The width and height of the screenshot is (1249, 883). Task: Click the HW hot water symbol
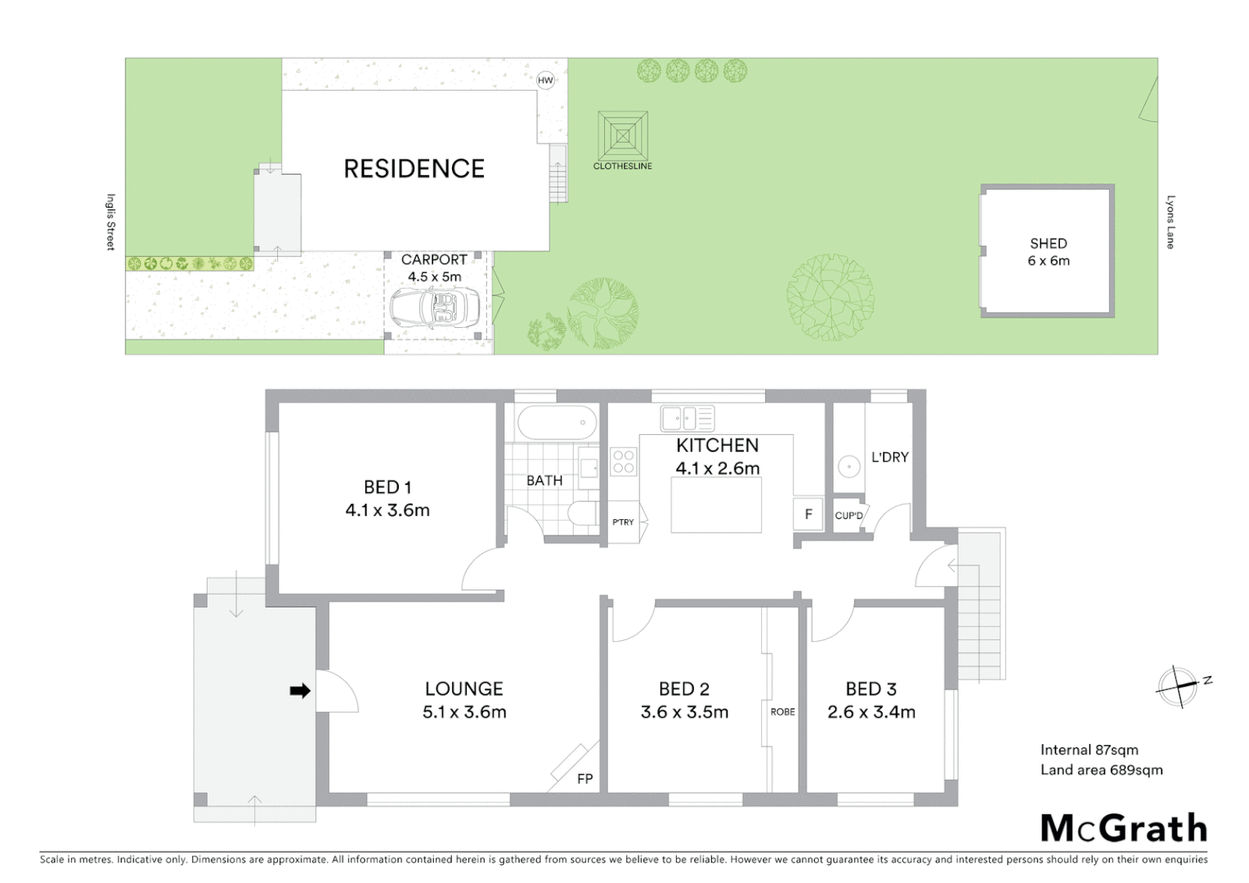545,80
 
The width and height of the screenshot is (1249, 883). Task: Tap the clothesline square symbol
623,136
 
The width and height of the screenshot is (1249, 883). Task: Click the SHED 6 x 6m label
1049,252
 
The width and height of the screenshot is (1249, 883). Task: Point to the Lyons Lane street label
1170,222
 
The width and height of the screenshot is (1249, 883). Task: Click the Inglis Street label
110,222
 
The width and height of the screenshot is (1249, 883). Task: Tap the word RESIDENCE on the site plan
414,168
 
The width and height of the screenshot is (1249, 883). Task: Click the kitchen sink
687,418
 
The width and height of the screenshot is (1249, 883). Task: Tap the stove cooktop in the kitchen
623,462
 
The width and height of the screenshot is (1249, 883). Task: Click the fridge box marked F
808,514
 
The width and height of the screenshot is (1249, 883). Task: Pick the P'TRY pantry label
623,522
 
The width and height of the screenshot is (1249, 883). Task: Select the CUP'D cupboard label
848,515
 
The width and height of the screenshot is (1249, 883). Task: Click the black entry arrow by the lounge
300,691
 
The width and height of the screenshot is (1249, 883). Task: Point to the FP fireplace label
584,778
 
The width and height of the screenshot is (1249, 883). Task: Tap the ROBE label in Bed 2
782,711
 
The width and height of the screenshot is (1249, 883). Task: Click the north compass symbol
1179,685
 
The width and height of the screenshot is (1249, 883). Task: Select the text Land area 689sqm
1101,769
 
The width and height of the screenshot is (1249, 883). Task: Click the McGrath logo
1124,828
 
